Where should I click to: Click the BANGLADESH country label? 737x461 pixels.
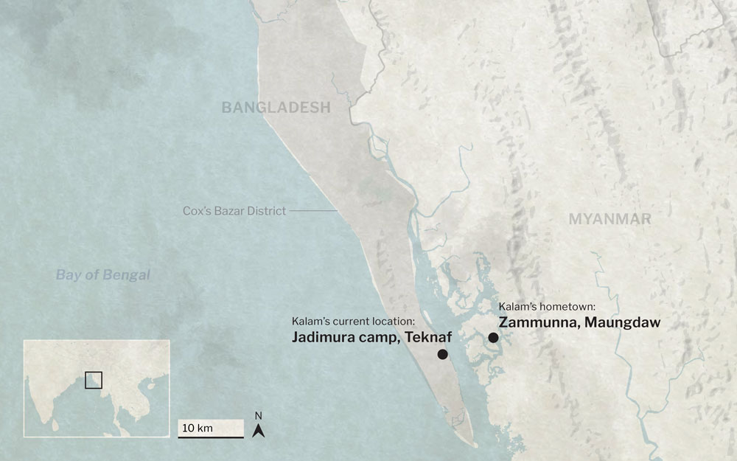276,108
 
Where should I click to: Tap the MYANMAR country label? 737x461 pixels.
609,219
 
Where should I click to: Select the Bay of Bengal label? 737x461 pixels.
102,275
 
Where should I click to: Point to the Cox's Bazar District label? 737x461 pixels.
234,211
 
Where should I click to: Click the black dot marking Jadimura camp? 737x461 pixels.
442,355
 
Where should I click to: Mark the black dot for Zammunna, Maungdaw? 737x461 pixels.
493,338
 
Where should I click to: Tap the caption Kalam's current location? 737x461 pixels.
354,321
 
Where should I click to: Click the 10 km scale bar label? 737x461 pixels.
198,428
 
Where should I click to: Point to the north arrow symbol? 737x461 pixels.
258,430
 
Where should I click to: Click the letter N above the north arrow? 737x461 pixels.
258,416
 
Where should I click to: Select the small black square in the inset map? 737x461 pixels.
93,380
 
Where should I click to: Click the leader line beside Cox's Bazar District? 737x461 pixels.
312,211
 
